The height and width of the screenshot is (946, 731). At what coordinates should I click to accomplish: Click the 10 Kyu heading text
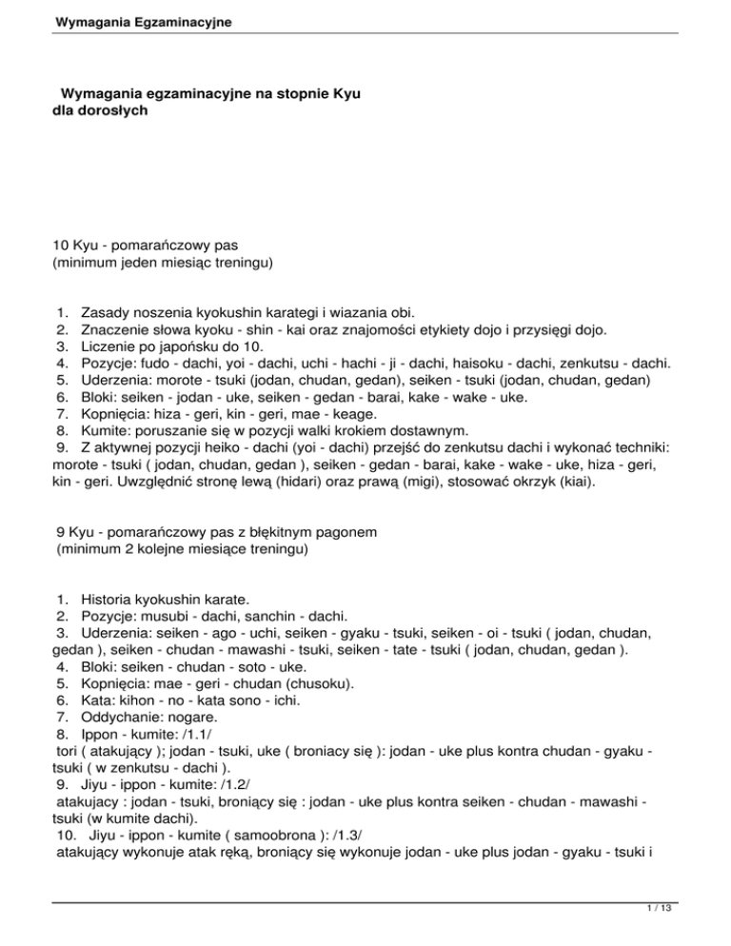tap(83, 245)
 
